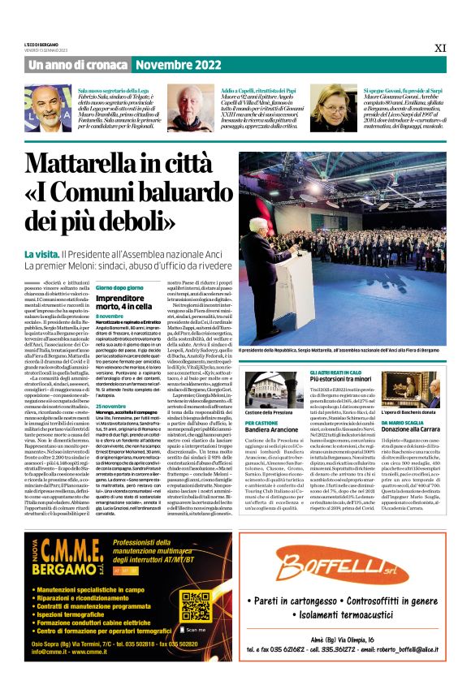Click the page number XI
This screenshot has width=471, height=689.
tap(440, 48)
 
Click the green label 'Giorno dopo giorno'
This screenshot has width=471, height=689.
tap(120, 287)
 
